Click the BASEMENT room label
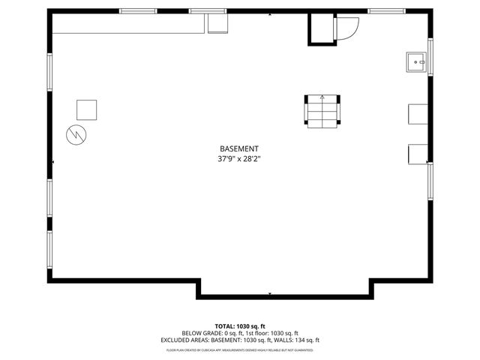click(239, 148)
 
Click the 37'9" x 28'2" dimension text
click(239, 159)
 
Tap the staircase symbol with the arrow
click(322, 111)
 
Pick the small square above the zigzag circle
click(87, 109)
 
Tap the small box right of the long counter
click(218, 23)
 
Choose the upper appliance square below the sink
click(417, 113)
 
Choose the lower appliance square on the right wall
click(417, 153)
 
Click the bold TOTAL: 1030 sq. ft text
click(240, 326)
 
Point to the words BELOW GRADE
click(198, 333)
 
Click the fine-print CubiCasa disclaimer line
click(240, 349)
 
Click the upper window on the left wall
click(50, 73)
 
